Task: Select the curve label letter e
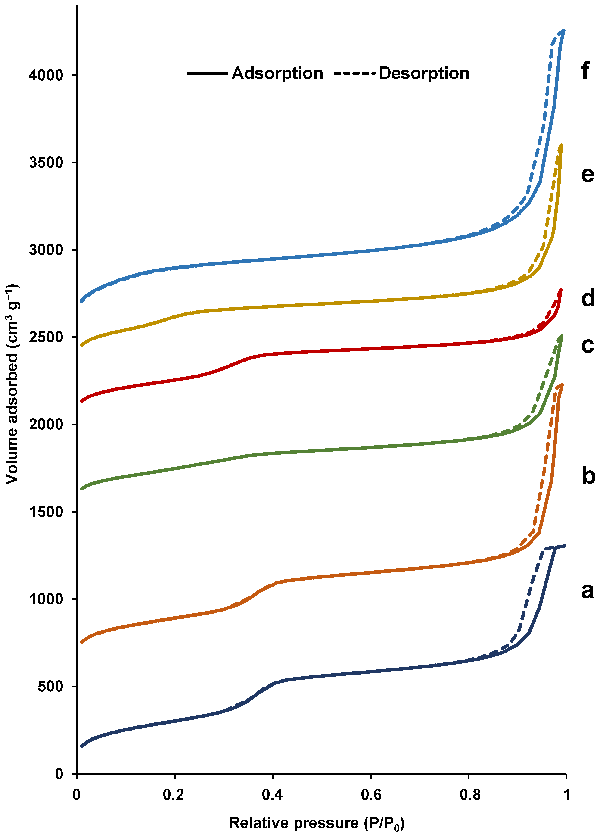[x=587, y=174]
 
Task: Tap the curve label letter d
[x=588, y=298]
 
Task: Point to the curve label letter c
[x=587, y=345]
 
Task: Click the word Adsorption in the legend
[x=277, y=73]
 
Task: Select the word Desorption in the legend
[x=424, y=73]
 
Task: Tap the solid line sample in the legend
[x=207, y=73]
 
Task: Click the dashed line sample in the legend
[x=354, y=73]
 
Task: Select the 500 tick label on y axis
[x=50, y=687]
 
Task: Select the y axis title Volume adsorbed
[x=12, y=384]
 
